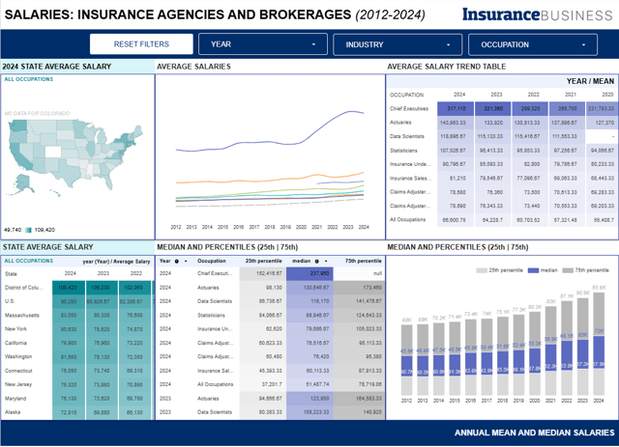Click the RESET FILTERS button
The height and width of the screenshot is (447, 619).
(x=141, y=44)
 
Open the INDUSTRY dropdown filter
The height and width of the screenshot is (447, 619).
(x=398, y=44)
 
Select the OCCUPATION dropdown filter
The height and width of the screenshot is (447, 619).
(x=533, y=44)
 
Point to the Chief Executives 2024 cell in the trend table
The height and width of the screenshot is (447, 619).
(x=453, y=109)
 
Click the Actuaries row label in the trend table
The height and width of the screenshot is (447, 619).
(x=405, y=123)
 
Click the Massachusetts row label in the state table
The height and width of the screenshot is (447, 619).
(x=28, y=315)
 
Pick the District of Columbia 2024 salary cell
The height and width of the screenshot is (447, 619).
(x=68, y=288)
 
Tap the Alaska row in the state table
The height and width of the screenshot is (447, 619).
(x=18, y=411)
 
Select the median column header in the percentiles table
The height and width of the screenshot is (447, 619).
(x=303, y=261)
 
